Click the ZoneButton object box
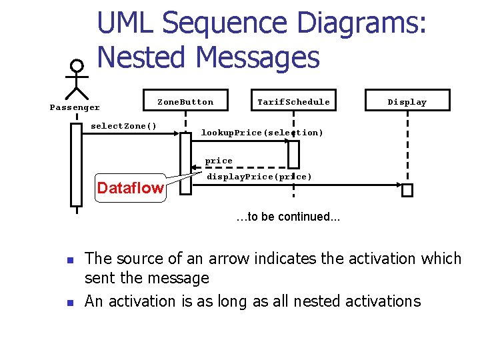click(185, 101)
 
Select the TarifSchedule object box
click(293, 101)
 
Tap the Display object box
click(407, 101)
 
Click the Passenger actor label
click(75, 107)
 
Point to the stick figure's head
click(77, 66)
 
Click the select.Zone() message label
click(124, 126)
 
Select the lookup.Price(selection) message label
click(262, 133)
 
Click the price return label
click(219, 161)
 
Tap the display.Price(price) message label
click(259, 177)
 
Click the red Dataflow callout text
click(130, 188)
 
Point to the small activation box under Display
click(407, 190)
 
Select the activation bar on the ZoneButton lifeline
click(185, 163)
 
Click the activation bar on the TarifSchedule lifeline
click(293, 154)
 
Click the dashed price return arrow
click(240, 167)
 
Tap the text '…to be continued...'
click(288, 217)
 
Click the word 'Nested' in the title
click(139, 58)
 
